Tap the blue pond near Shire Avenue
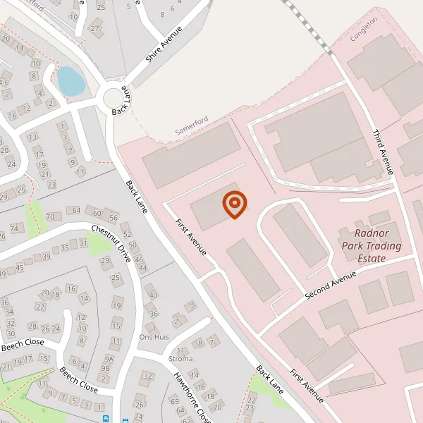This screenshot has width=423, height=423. tap(70, 81)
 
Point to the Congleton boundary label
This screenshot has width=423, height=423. tap(364, 30)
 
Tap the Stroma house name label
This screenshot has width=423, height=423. tap(181, 357)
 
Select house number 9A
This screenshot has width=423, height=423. tap(109, 358)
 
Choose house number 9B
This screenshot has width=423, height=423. tap(106, 368)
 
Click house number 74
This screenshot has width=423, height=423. tap(16, 228)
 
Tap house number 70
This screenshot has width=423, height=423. tap(49, 216)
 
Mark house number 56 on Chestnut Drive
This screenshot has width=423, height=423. tap(113, 215)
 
